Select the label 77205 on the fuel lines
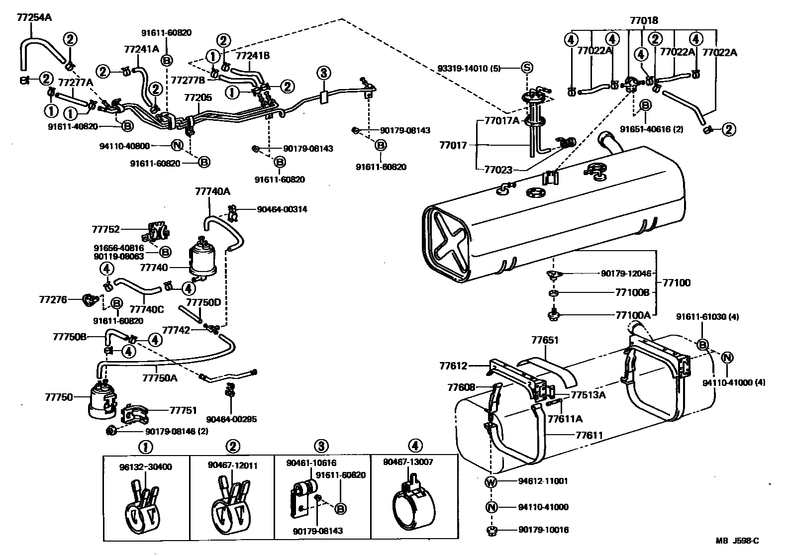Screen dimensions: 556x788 pos(198,98)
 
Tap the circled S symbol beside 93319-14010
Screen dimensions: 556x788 pos(526,68)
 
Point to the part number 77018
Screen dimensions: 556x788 pos(644,21)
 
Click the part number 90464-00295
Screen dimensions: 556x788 pos(233,419)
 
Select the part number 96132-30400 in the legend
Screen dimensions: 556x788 pos(145,467)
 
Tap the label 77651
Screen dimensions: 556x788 pos(545,341)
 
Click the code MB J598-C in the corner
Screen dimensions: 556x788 pos(737,541)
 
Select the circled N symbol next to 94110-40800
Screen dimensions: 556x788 pos(177,146)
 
